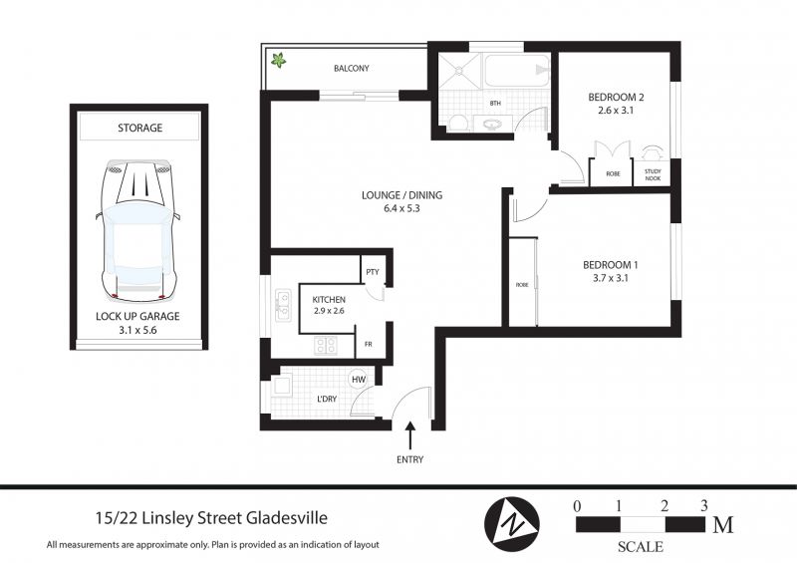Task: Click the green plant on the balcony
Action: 278,61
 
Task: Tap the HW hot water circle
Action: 359,380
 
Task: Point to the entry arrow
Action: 410,435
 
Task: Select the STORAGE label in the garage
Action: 139,128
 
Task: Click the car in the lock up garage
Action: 138,231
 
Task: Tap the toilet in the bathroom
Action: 459,124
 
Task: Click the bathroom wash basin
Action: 490,124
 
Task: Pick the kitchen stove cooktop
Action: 326,346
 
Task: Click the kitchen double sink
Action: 283,305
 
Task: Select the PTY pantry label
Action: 373,272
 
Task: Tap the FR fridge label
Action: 369,345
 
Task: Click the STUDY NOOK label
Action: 653,175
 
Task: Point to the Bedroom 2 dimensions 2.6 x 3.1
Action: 616,111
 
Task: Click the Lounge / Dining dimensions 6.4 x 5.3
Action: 402,208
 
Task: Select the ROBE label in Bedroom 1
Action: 522,285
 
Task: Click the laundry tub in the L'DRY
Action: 281,387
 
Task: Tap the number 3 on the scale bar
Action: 704,505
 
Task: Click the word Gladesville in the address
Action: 287,518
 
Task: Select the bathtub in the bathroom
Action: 517,70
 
